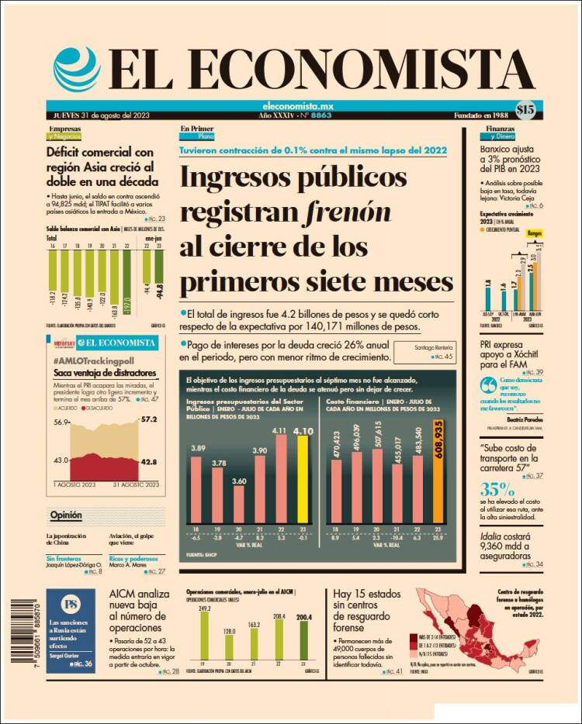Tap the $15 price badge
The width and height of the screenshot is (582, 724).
pos(525,110)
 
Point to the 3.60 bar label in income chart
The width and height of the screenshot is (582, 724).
pos(240,480)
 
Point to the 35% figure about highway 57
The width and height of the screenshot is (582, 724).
pos(497,489)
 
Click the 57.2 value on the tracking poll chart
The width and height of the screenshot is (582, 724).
pos(147,419)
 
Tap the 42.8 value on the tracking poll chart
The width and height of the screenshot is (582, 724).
pos(147,462)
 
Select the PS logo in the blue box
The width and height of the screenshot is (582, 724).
pos(70,604)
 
